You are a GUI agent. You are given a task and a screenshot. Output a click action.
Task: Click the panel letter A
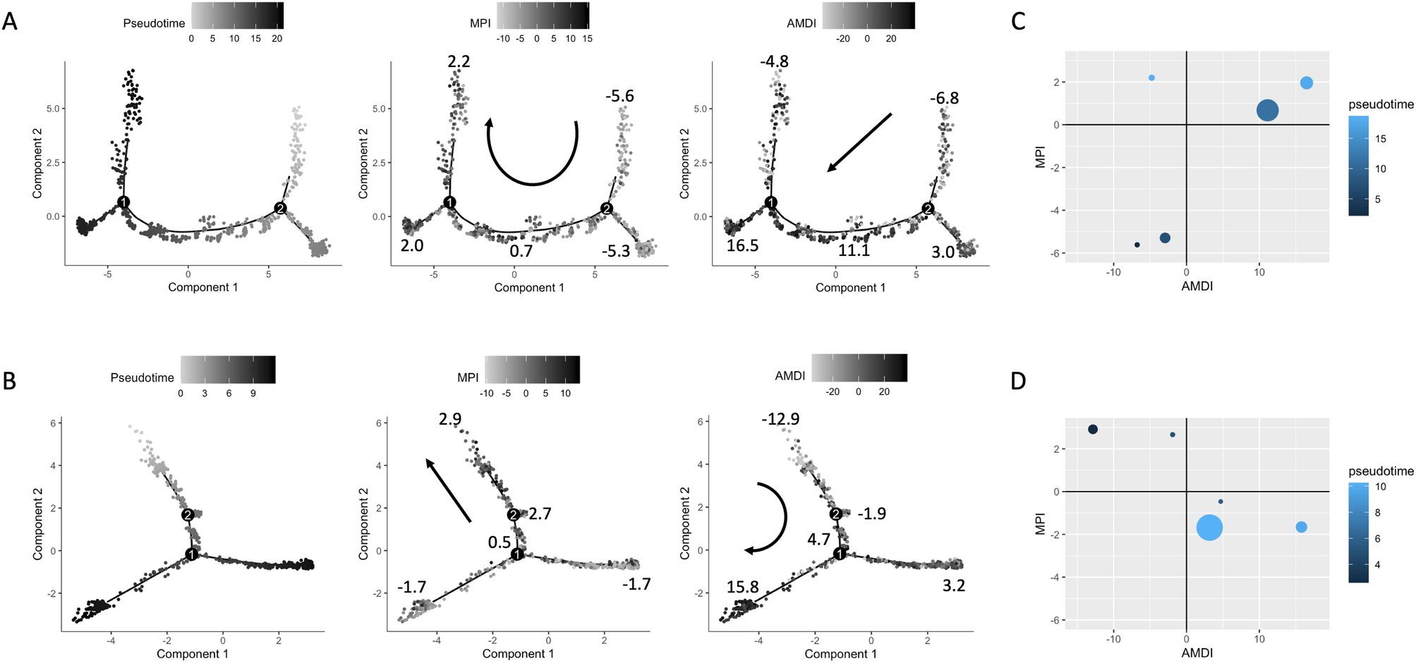click(10, 21)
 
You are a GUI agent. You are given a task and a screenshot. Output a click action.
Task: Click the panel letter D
click(1018, 382)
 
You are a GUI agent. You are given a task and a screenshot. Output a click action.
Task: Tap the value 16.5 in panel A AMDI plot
click(742, 245)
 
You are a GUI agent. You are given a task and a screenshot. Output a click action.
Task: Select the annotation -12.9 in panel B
click(780, 419)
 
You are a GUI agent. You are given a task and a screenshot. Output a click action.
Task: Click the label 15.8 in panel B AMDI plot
click(742, 587)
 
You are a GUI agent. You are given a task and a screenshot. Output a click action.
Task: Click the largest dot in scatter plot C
click(1267, 111)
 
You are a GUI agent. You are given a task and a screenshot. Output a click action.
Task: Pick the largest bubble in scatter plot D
click(1209, 528)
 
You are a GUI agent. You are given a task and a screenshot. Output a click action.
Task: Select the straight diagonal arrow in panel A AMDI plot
click(859, 142)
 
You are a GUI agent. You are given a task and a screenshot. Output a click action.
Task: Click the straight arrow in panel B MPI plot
click(448, 491)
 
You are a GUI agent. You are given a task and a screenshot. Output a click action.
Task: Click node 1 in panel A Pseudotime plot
click(123, 202)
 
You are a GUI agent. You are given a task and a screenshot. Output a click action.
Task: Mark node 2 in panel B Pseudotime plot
click(188, 515)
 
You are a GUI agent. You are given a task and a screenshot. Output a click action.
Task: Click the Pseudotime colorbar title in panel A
click(154, 23)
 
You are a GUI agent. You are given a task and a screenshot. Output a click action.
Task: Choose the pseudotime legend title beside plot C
click(1381, 104)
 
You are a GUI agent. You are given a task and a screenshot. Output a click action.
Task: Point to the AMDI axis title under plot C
click(1197, 286)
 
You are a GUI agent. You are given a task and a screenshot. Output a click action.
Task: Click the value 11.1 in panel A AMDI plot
click(854, 250)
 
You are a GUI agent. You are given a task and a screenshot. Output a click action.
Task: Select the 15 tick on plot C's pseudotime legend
click(1380, 139)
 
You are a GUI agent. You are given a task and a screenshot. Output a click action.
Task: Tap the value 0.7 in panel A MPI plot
click(521, 250)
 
